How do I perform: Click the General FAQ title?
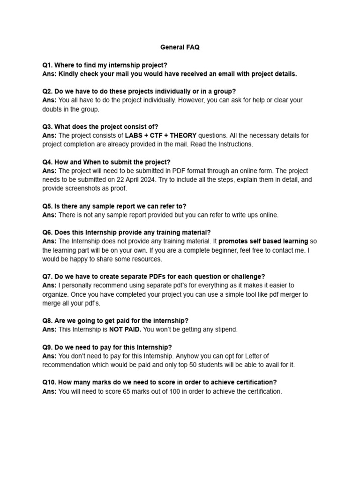point(180,47)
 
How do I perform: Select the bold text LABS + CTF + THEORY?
point(161,135)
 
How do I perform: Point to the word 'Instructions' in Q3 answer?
point(233,144)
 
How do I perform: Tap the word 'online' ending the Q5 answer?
point(268,215)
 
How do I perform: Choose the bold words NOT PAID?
point(125,330)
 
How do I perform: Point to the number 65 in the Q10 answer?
point(127,391)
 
